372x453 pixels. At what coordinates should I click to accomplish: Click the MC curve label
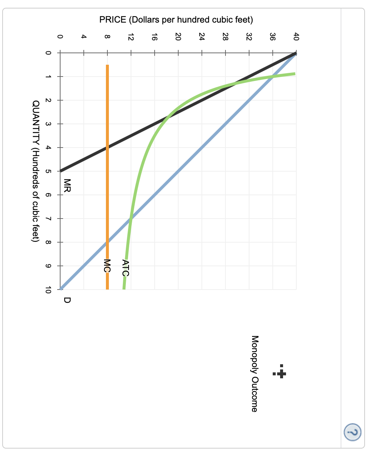coord(107,266)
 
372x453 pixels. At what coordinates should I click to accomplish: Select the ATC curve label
coord(125,268)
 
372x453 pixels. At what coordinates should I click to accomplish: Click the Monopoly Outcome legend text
coord(254,373)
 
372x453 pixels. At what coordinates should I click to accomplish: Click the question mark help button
coord(353,432)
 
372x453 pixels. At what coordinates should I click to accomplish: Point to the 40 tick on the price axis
coord(296,37)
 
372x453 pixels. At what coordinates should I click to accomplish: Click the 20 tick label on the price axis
coord(178,37)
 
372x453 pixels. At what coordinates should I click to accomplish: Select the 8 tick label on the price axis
coord(107,37)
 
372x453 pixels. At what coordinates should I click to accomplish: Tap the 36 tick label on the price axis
coord(272,37)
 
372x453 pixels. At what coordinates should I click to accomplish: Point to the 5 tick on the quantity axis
coord(48,171)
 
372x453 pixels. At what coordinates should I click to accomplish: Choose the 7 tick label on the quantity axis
coord(48,219)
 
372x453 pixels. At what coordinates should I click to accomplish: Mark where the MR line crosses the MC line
coord(107,148)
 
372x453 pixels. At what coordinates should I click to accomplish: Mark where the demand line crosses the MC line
coord(107,242)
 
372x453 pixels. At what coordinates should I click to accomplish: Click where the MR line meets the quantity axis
coord(61,171)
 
